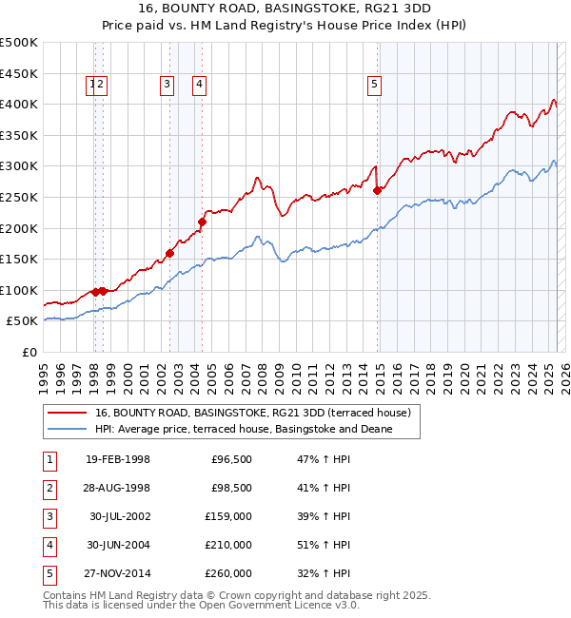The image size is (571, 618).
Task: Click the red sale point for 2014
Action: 378,190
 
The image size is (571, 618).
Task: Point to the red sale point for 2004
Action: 202,222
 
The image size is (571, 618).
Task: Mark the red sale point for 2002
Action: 170,253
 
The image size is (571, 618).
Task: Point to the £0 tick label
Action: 30,352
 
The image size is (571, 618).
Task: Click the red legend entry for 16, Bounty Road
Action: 252,413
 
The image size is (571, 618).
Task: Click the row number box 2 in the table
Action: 48,488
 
